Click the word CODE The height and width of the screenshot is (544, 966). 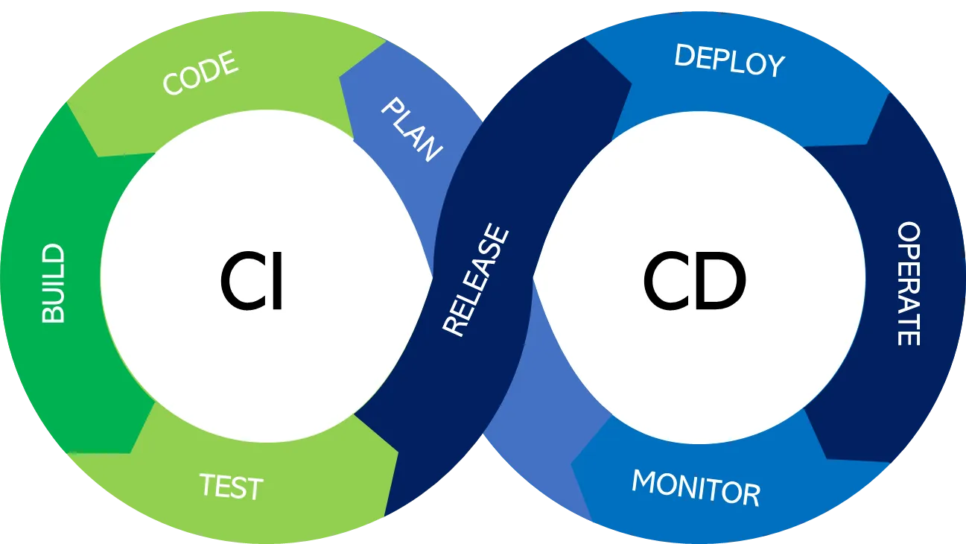200,73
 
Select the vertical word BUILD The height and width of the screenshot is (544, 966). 53,284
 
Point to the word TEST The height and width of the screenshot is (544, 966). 231,487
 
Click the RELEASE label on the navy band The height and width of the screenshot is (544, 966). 476,281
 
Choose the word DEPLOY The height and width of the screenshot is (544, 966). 729,60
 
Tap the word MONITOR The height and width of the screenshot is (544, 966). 696,488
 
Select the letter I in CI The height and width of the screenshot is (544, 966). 276,284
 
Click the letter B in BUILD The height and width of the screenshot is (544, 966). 53,314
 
